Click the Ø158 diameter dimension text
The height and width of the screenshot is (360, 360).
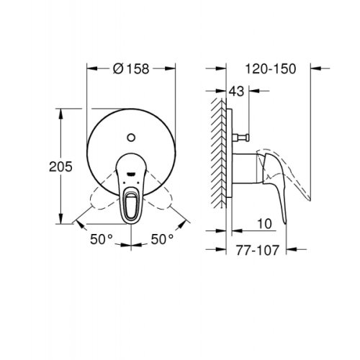point(131,69)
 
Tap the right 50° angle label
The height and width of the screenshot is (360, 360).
point(163,237)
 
